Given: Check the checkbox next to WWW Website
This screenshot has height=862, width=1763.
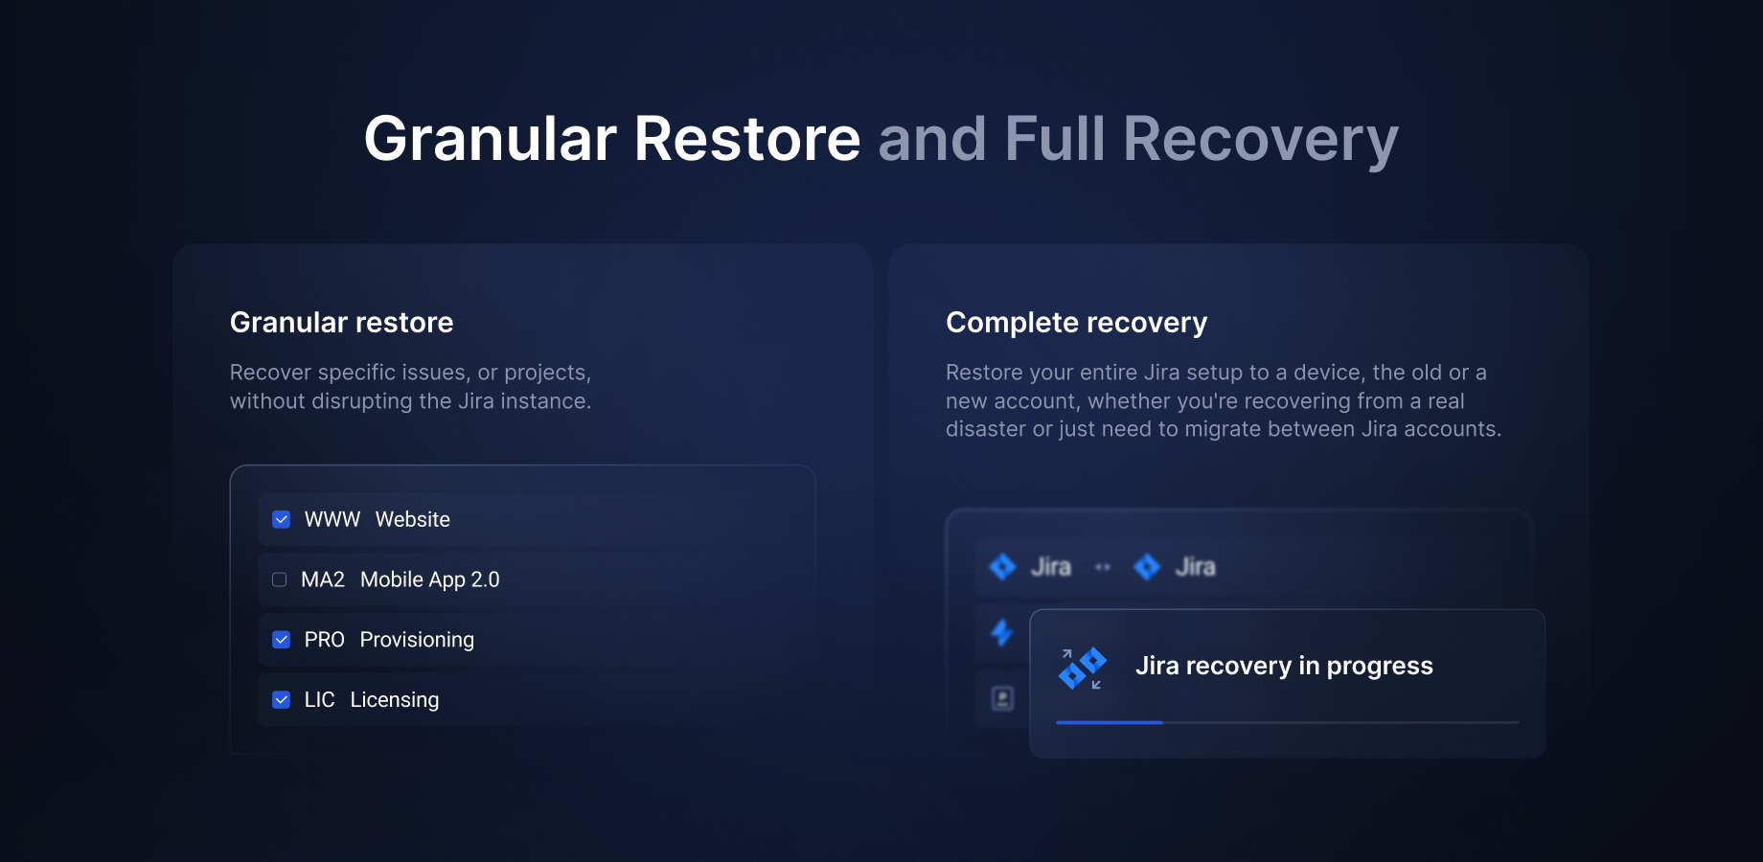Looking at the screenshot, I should pyautogui.click(x=281, y=519).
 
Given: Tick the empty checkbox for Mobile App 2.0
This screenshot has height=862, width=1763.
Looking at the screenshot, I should pyautogui.click(x=279, y=579).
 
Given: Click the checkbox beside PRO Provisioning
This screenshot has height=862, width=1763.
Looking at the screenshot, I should pyautogui.click(x=281, y=640).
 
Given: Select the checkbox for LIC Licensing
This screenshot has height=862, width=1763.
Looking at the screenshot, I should pyautogui.click(x=281, y=700).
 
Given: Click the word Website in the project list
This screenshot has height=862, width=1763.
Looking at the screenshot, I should pyautogui.click(x=412, y=519).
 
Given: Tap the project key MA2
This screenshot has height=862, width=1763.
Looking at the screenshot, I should pyautogui.click(x=323, y=579).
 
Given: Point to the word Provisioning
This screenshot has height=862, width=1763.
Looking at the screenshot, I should pyautogui.click(x=417, y=640).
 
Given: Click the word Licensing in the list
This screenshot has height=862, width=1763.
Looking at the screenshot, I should pyautogui.click(x=395, y=700).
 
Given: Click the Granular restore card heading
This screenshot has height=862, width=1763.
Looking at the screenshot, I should pyautogui.click(x=341, y=323).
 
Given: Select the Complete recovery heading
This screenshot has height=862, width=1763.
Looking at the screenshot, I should pyautogui.click(x=1076, y=323).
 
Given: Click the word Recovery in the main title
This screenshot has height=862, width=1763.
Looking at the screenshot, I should pyautogui.click(x=1260, y=140).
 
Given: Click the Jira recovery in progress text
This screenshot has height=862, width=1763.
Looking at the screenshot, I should pyautogui.click(x=1284, y=666).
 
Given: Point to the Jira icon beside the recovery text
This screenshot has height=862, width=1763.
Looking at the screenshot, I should pyautogui.click(x=1082, y=669).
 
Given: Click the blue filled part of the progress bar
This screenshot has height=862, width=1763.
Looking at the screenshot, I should pyautogui.click(x=1109, y=722).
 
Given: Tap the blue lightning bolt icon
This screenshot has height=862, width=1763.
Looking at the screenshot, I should pyautogui.click(x=1002, y=632).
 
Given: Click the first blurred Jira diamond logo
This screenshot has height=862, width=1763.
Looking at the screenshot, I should pyautogui.click(x=1002, y=567).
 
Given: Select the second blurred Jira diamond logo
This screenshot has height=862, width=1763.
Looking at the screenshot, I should pyautogui.click(x=1147, y=567).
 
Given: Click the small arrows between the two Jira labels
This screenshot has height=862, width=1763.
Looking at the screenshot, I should pyautogui.click(x=1103, y=567).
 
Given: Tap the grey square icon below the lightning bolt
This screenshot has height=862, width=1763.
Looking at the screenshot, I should pyautogui.click(x=1002, y=698).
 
